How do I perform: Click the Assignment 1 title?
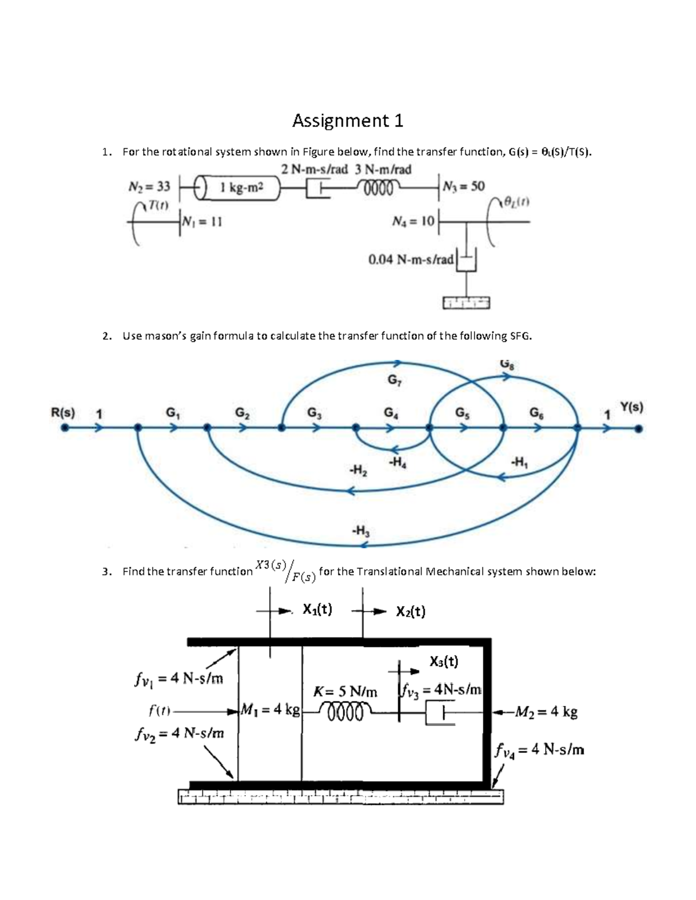pos(347,121)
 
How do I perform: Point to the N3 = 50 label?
pos(463,186)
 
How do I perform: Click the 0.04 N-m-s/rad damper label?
pos(411,260)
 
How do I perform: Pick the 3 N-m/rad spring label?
pos(383,169)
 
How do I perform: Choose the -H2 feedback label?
pos(358,470)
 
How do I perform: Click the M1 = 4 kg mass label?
pos(270,709)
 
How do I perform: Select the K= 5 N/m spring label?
pos(345,692)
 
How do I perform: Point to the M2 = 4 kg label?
pos(545,711)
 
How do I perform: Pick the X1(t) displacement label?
pos(317,609)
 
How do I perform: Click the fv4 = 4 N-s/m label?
pos(539,750)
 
